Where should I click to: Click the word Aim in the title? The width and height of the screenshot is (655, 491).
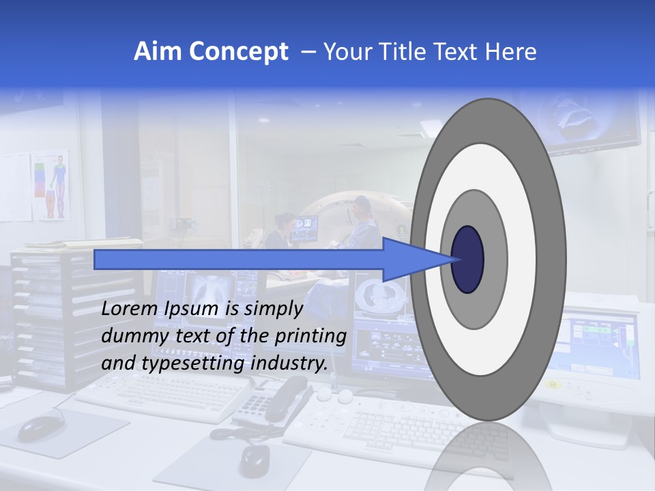[x=157, y=52]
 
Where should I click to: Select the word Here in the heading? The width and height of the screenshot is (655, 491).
[x=511, y=52]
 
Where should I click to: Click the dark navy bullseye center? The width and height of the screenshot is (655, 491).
[x=467, y=259]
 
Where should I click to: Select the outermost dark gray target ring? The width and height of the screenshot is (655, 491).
[x=553, y=259]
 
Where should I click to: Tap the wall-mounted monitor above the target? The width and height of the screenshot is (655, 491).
[x=594, y=123]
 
